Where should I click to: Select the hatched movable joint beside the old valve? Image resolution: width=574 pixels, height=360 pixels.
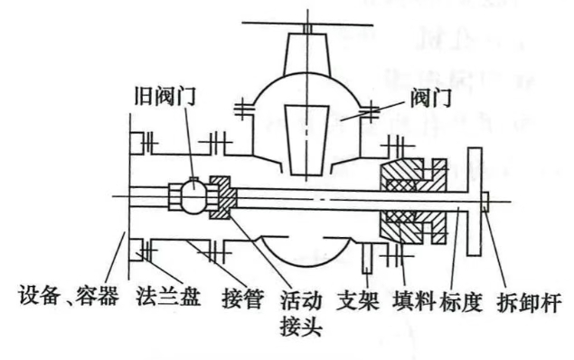tap(222, 196)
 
